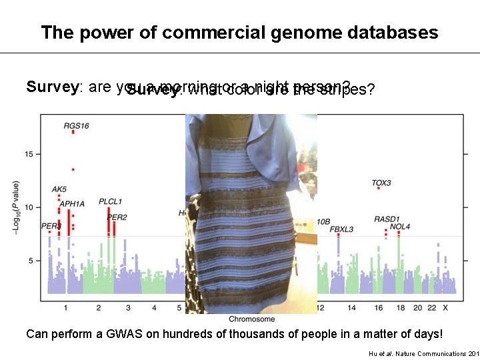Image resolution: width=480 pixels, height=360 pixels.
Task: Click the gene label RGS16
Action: (x=76, y=125)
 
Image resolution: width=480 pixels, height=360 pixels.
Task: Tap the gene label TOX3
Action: (x=381, y=183)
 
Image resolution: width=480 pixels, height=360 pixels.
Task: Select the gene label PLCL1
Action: (x=110, y=201)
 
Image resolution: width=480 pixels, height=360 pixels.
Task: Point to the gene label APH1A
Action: (x=72, y=203)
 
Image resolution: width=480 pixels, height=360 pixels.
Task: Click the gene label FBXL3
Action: (x=342, y=229)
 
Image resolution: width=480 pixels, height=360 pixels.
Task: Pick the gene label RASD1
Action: (x=387, y=219)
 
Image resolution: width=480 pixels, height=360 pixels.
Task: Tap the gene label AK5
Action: (x=59, y=189)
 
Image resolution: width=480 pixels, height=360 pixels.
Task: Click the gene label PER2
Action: (x=117, y=217)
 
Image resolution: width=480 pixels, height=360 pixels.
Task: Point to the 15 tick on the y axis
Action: (x=29, y=154)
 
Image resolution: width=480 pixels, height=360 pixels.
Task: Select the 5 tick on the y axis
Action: (x=31, y=261)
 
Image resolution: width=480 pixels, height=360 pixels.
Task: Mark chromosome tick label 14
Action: (x=351, y=307)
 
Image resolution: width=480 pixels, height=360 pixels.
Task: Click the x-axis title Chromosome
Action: (x=248, y=319)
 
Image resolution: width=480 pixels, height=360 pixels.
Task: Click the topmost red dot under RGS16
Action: (x=73, y=132)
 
